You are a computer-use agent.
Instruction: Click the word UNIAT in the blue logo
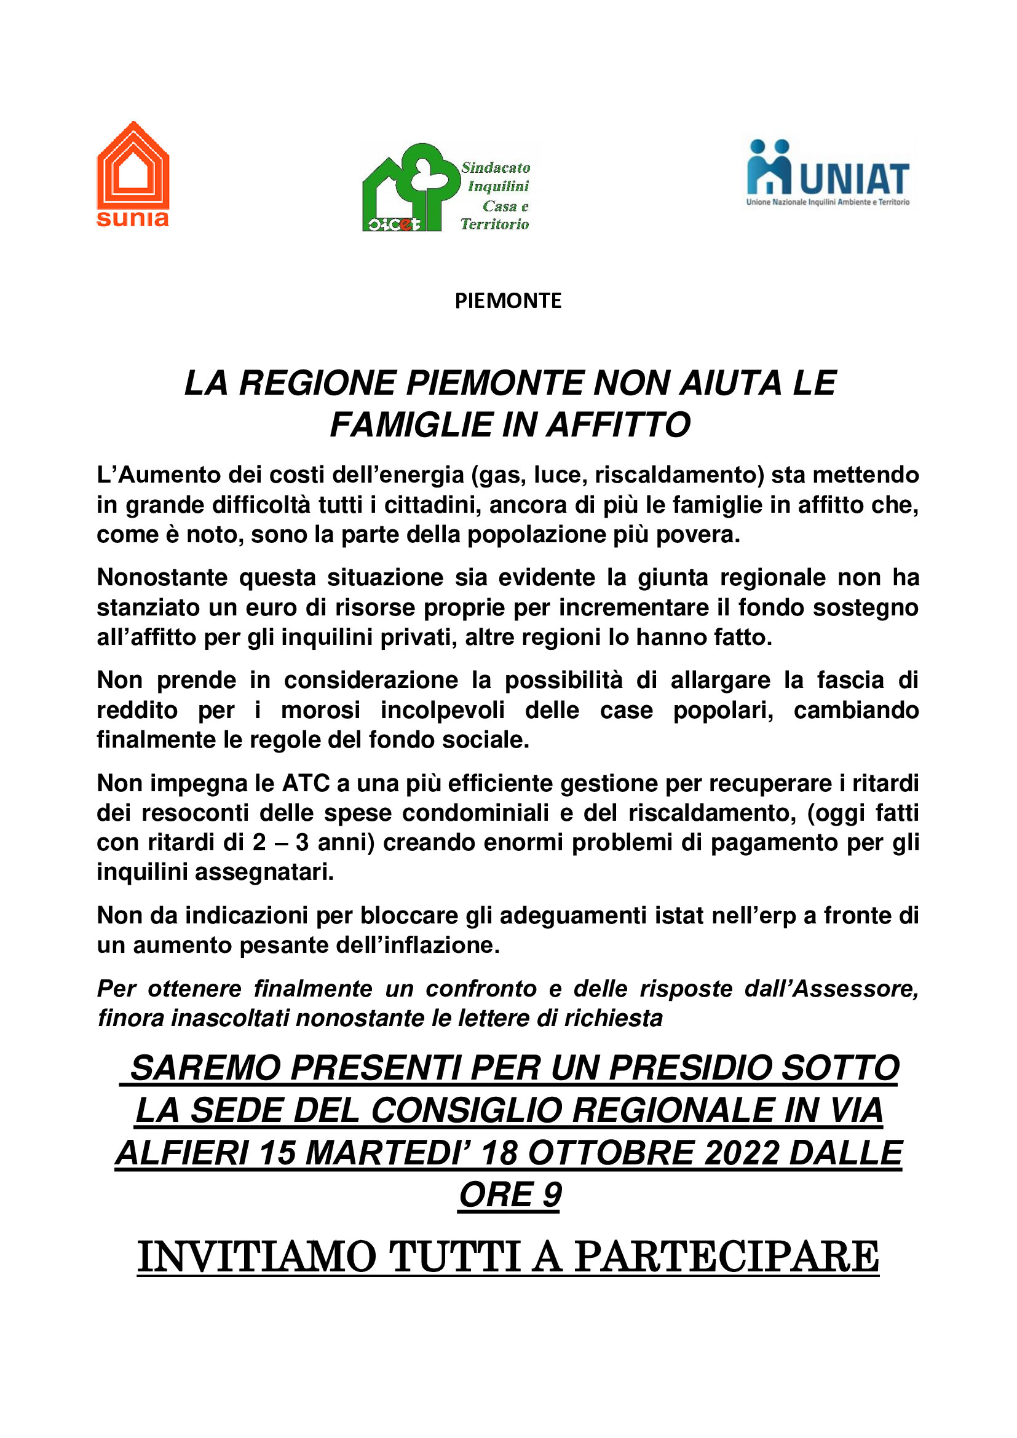853,178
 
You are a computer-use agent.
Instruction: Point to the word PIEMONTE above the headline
508,301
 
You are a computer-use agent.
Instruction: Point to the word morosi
320,710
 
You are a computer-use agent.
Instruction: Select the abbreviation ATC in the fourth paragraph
306,783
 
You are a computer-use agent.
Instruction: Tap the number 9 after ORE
552,1195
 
